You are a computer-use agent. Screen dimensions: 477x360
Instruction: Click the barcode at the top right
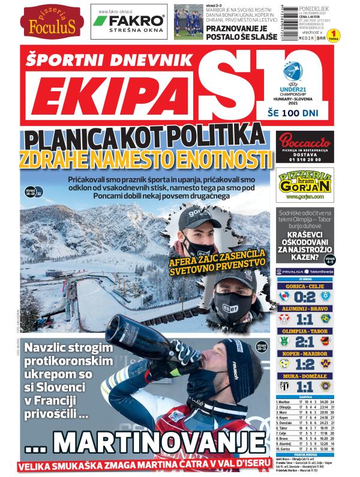pyautogui.click(x=289, y=21)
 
